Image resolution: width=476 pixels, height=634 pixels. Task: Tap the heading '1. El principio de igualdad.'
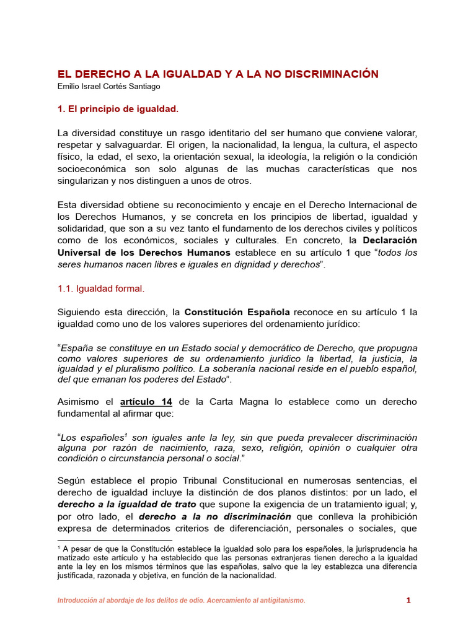coord(118,109)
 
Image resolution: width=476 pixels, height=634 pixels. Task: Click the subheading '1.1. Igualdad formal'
coord(100,288)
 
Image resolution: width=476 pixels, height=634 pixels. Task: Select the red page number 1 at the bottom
coord(408,600)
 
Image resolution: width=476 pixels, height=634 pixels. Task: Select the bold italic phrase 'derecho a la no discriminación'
coord(215,516)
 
